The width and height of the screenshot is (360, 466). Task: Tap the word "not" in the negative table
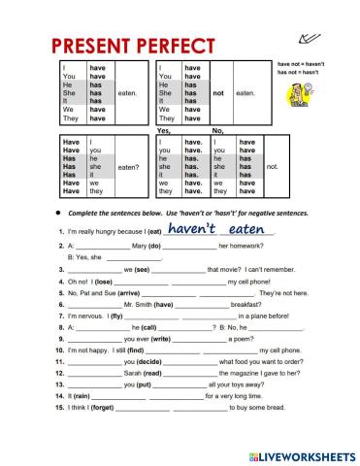218,93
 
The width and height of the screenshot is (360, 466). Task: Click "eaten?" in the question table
128,167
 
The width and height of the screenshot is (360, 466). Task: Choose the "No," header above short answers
217,130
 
